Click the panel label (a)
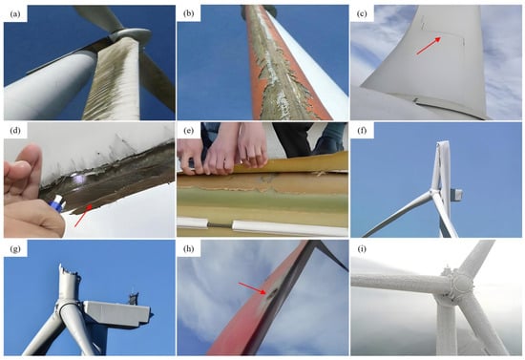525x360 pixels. [x=15, y=14]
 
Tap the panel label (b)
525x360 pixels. [x=189, y=14]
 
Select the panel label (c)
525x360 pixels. [x=362, y=14]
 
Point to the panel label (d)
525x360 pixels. [x=15, y=131]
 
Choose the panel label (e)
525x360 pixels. [x=189, y=131]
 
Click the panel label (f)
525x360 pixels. [x=362, y=131]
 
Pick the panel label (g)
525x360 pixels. [x=15, y=249]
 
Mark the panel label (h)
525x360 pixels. [x=189, y=249]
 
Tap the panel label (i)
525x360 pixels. [x=362, y=249]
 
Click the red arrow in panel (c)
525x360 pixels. [x=429, y=46]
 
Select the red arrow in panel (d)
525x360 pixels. [x=83, y=216]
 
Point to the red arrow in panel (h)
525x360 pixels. [x=252, y=288]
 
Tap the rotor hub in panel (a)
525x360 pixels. [x=130, y=34]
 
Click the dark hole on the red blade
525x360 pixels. [x=270, y=293]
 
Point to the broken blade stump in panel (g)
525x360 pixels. [x=69, y=283]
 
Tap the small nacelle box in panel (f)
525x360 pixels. [x=456, y=195]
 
